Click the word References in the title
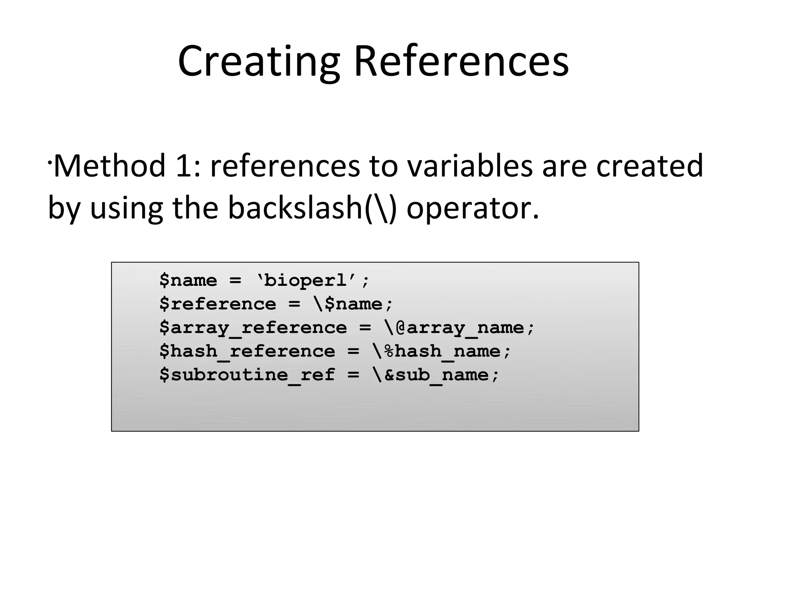pyautogui.click(x=461, y=61)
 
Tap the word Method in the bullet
pyautogui.click(x=110, y=166)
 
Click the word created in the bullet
pyautogui.click(x=649, y=166)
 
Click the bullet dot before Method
pyautogui.click(x=50, y=163)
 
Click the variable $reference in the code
pyautogui.click(x=218, y=304)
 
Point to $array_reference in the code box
pyautogui.click(x=253, y=328)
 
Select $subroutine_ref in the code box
pyautogui.click(x=247, y=375)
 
